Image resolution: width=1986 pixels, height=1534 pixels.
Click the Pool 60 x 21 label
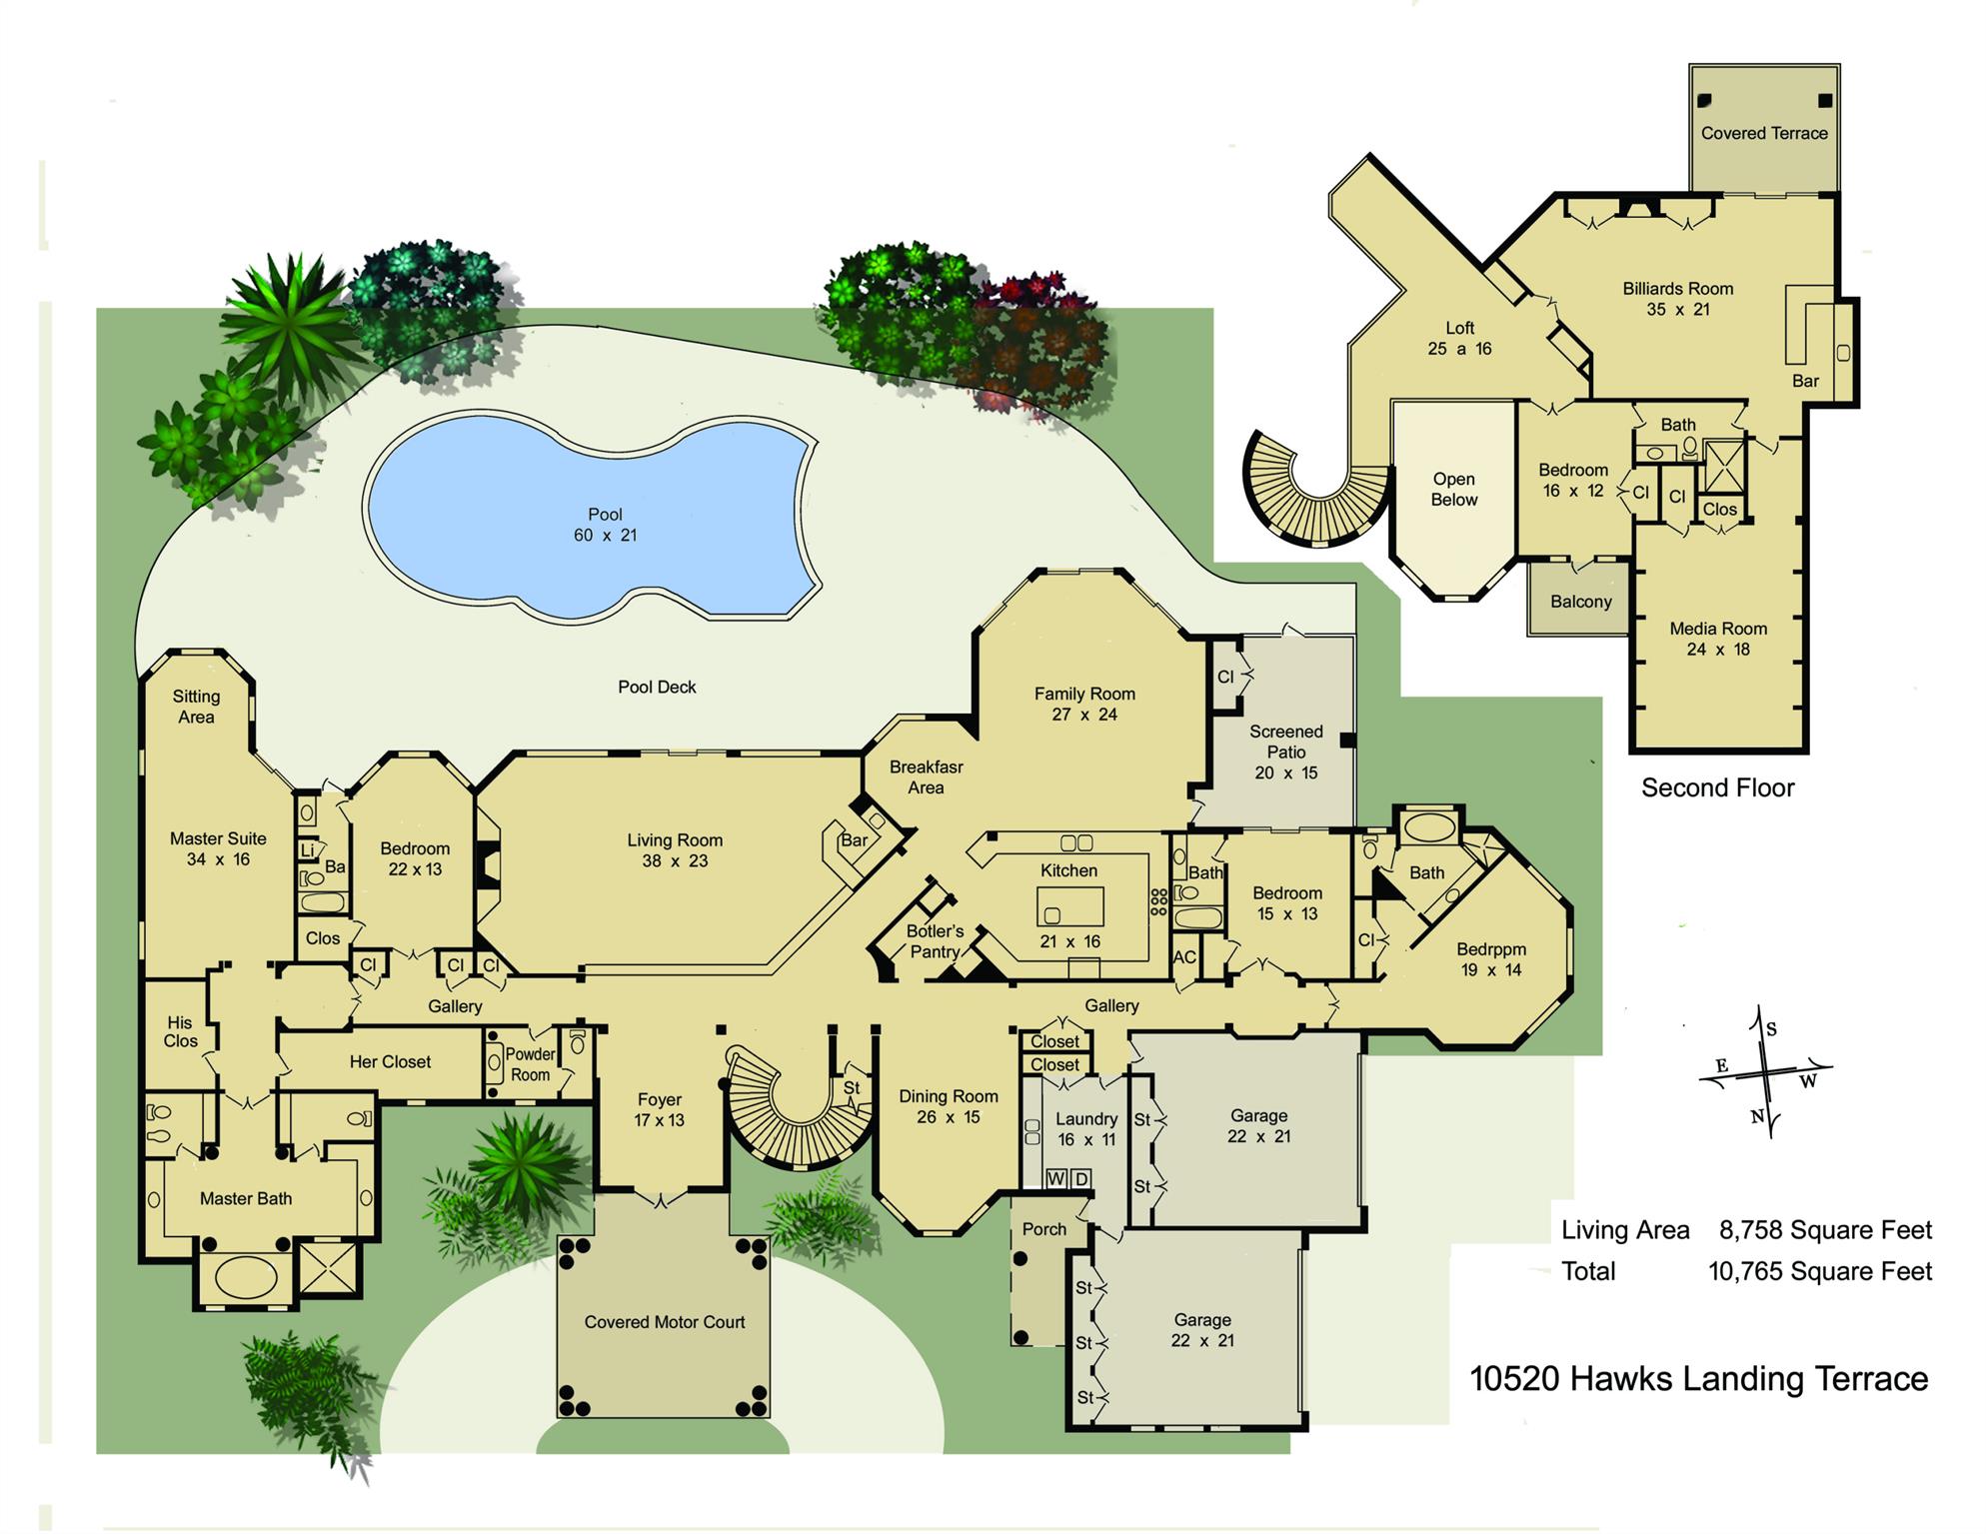point(605,525)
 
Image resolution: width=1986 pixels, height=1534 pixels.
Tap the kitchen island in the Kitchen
point(1069,906)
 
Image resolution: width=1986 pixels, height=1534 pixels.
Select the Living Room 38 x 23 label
point(675,850)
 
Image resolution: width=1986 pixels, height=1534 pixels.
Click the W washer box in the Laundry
point(1056,1179)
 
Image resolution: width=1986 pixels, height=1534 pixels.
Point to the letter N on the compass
point(1757,1117)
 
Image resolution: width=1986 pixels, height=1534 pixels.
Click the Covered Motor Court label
point(665,1322)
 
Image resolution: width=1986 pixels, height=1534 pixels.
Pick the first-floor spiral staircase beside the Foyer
point(790,1109)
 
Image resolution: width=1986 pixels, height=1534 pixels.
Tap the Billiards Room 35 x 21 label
point(1677,299)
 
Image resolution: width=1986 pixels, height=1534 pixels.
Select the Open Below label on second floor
point(1453,490)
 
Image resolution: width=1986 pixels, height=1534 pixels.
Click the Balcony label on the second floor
point(1581,602)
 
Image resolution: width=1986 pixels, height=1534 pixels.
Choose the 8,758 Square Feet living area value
point(1825,1230)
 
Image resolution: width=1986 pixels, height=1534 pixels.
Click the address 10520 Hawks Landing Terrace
point(1698,1379)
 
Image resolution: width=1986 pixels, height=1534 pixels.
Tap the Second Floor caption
point(1717,788)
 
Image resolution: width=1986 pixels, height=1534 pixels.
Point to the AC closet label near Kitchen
point(1184,957)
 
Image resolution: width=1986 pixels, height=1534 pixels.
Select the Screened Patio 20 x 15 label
point(1285,752)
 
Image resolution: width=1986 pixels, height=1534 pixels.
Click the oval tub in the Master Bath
point(246,1278)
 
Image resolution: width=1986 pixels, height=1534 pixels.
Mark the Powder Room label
point(530,1064)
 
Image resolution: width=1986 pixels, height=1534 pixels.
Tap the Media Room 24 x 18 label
point(1718,639)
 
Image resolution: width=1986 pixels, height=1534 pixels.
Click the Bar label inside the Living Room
point(854,840)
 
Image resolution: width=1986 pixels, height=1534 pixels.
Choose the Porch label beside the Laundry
point(1043,1229)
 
